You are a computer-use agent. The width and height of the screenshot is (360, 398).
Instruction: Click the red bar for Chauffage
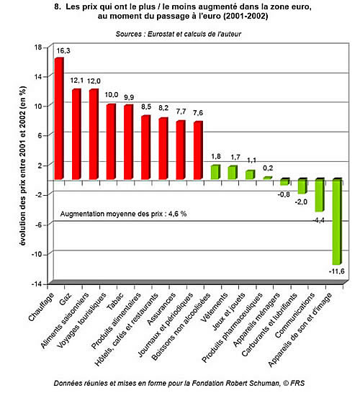tap(59, 119)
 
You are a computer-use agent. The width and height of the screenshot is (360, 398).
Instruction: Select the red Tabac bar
tap(128, 142)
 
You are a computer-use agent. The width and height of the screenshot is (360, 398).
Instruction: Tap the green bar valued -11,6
tap(338, 222)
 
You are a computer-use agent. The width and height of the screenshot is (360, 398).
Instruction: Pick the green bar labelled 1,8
tap(215, 172)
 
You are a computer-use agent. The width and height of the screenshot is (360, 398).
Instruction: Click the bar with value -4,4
tap(320, 195)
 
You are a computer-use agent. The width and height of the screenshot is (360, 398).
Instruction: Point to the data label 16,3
tap(63, 51)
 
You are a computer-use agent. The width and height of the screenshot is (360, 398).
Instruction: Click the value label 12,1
tap(76, 81)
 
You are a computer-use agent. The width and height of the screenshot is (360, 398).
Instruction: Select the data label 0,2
tap(268, 168)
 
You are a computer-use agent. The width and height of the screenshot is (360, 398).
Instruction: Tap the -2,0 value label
tap(301, 202)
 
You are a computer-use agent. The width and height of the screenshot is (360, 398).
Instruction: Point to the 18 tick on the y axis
tap(38, 48)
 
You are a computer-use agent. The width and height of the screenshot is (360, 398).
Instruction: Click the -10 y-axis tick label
tap(37, 255)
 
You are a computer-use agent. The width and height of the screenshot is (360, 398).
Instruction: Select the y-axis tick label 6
tap(40, 135)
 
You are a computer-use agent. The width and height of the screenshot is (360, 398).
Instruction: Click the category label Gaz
tap(66, 299)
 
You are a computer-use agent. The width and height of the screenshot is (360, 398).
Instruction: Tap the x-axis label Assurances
tap(161, 309)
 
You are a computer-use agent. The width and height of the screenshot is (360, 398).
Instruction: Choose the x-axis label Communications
tap(294, 315)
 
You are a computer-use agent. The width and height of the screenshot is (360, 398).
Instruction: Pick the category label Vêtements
tap(214, 307)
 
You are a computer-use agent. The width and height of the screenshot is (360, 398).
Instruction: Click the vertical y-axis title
tap(23, 166)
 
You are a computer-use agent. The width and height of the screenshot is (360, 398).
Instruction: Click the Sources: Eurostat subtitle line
tap(179, 34)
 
